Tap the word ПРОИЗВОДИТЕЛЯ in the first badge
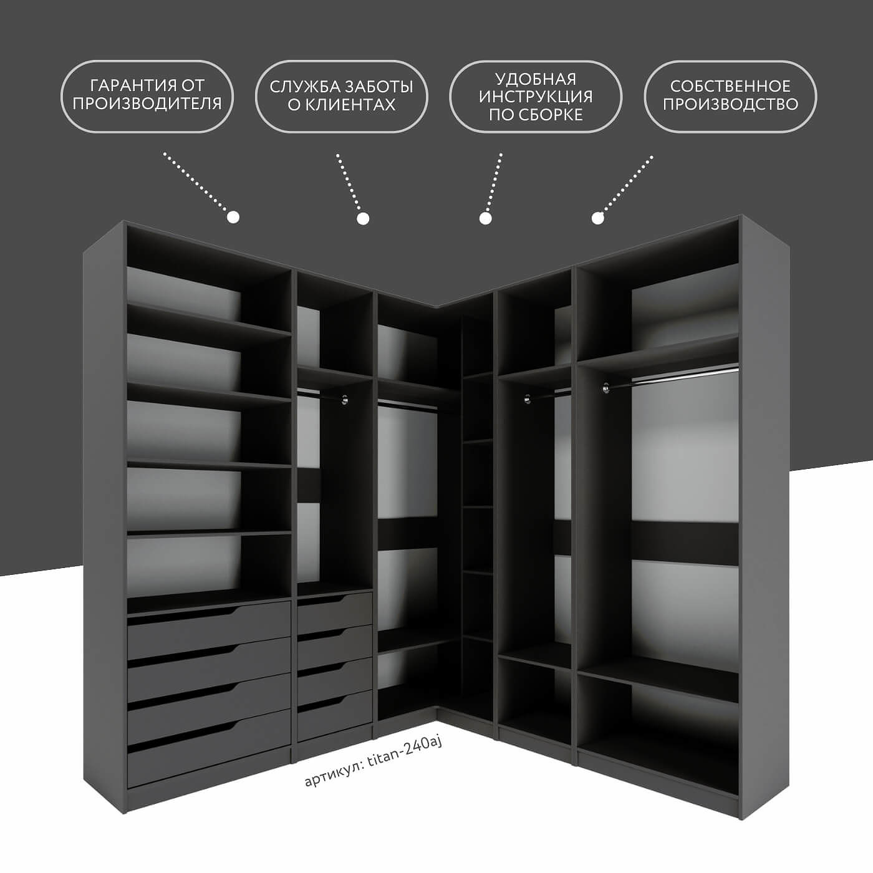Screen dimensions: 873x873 pos(147,104)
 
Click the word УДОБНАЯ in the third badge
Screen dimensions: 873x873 pos(536,79)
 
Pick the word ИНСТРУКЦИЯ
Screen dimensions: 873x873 pos(536,97)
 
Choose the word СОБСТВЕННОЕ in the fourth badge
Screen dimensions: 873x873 pos(730,86)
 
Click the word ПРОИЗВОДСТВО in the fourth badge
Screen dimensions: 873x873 pos(730,104)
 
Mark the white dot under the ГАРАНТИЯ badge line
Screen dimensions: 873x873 pos(233,217)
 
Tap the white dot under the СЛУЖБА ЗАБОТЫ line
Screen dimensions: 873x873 pos(364,218)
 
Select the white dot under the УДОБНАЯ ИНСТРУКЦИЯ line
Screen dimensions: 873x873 pos(485,218)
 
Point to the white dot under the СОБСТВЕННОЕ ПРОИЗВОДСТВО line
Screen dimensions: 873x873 pos(597,218)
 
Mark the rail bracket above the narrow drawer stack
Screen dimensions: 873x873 pos(344,399)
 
